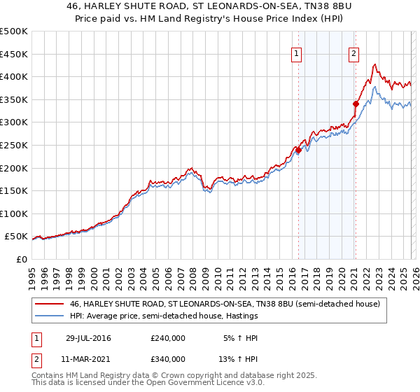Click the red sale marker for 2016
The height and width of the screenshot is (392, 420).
point(298,150)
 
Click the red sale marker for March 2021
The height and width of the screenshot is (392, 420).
point(356,104)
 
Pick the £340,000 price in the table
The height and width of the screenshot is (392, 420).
point(168,359)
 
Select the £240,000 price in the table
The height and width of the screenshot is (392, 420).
point(168,338)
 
